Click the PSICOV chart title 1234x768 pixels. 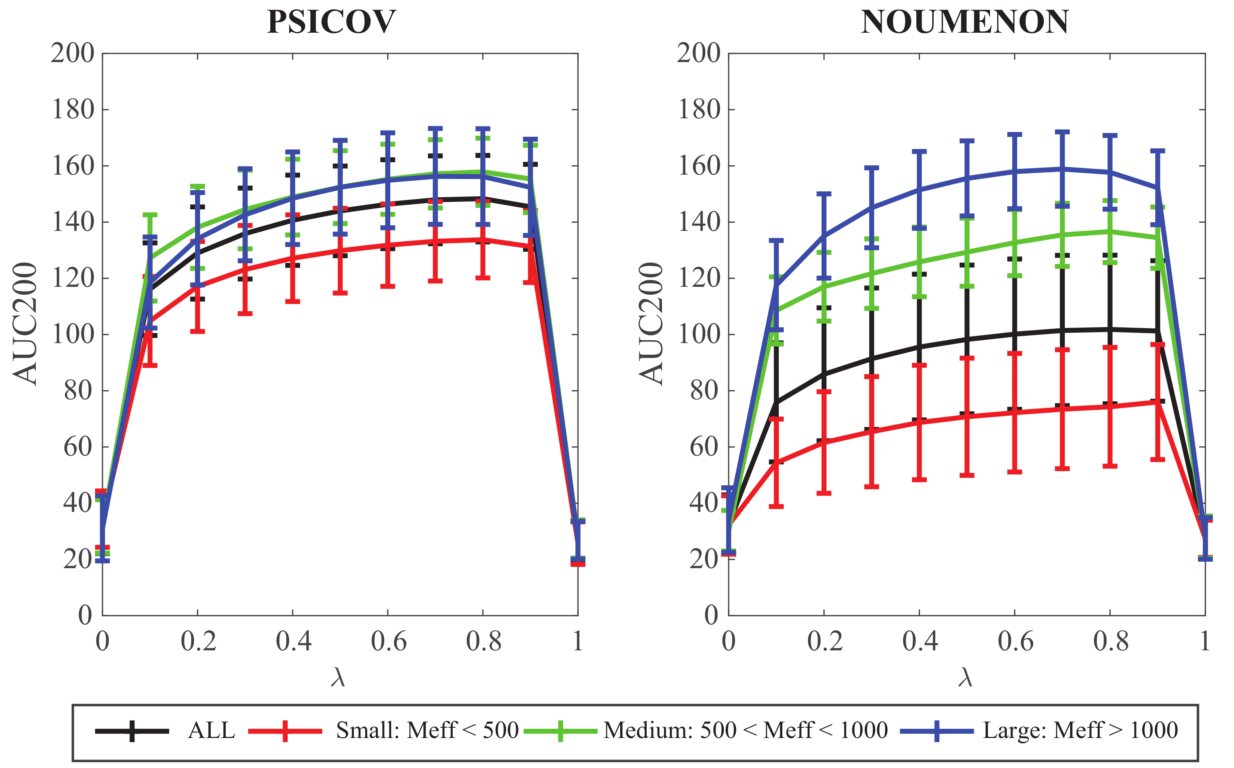[x=331, y=23]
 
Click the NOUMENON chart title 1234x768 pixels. [x=964, y=23]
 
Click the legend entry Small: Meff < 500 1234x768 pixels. [x=426, y=731]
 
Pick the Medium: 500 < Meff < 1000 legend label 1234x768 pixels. [x=745, y=731]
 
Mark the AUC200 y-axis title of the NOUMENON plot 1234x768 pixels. [x=652, y=324]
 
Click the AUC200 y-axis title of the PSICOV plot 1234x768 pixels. [x=25, y=324]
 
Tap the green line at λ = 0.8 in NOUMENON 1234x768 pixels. [x=1110, y=231]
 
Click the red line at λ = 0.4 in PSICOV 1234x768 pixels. [x=293, y=257]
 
